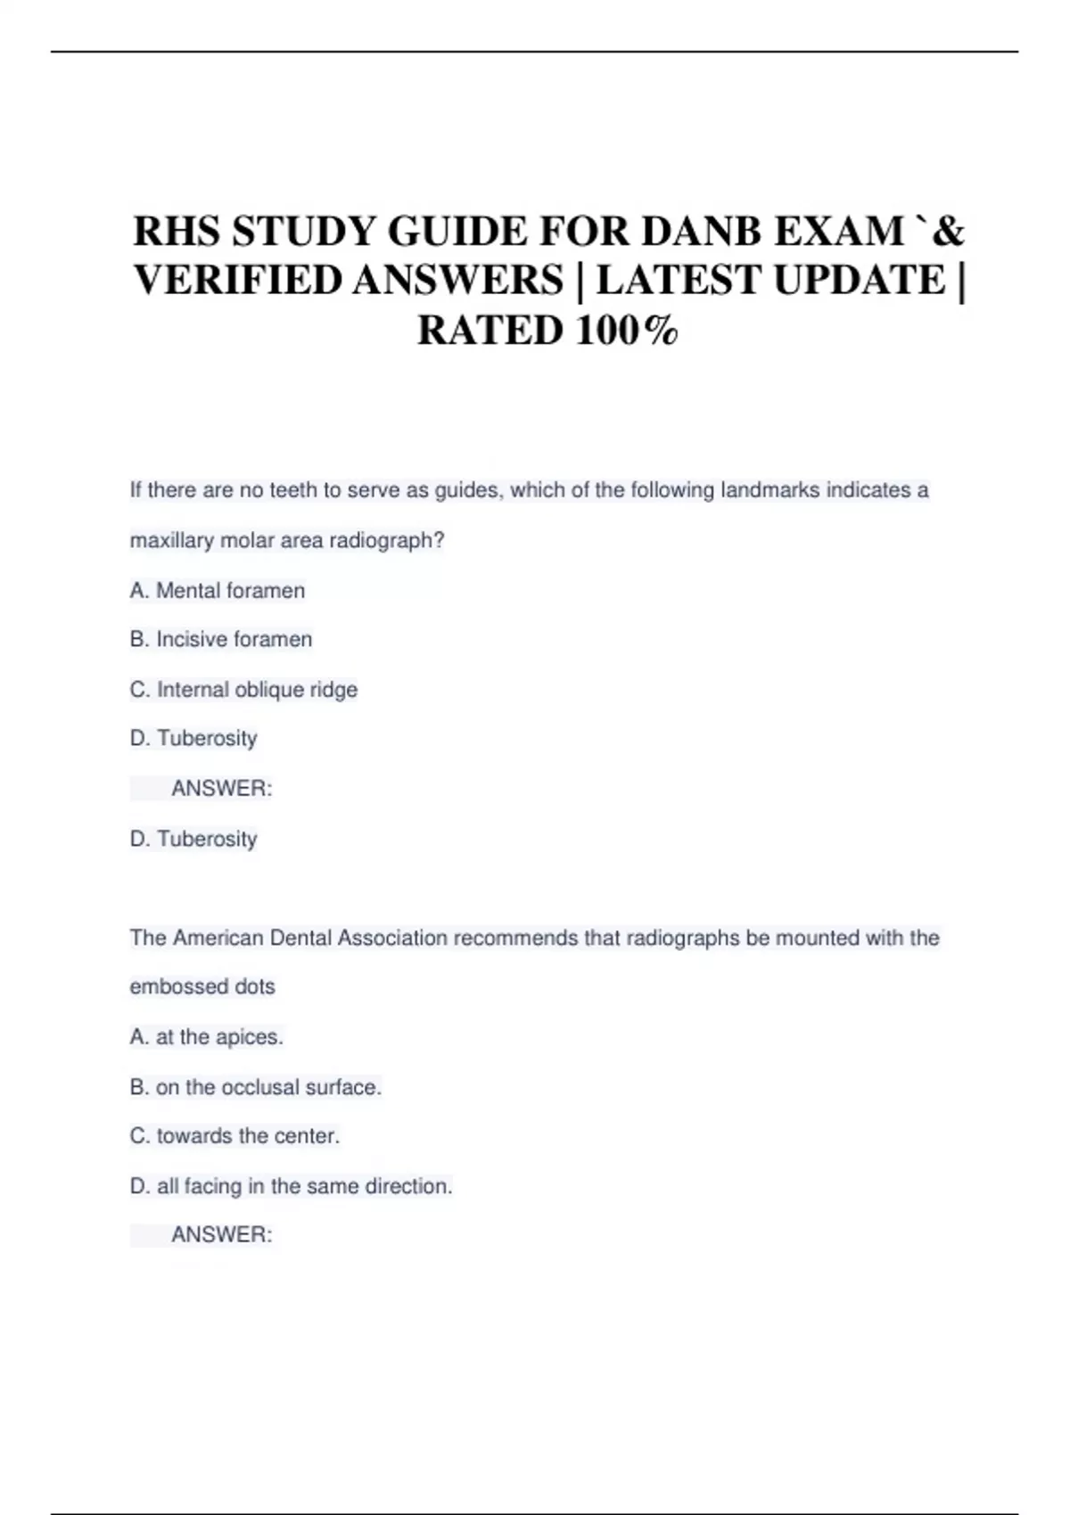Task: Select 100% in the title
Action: [627, 331]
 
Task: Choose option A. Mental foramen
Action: [218, 591]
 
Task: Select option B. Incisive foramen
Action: [221, 640]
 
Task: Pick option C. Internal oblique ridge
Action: [243, 690]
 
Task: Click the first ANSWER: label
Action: [221, 789]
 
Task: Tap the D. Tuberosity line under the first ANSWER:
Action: [193, 839]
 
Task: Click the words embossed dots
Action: [202, 987]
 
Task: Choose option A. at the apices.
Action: [206, 1037]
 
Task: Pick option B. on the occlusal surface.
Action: [255, 1087]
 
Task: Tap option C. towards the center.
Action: [235, 1136]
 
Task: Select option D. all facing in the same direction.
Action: [291, 1186]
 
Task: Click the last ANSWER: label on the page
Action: [221, 1235]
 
